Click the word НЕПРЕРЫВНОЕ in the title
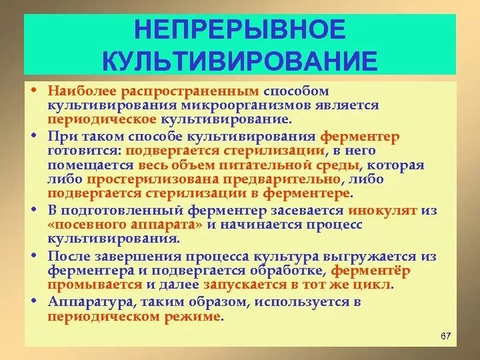point(241,29)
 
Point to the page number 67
point(446,335)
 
